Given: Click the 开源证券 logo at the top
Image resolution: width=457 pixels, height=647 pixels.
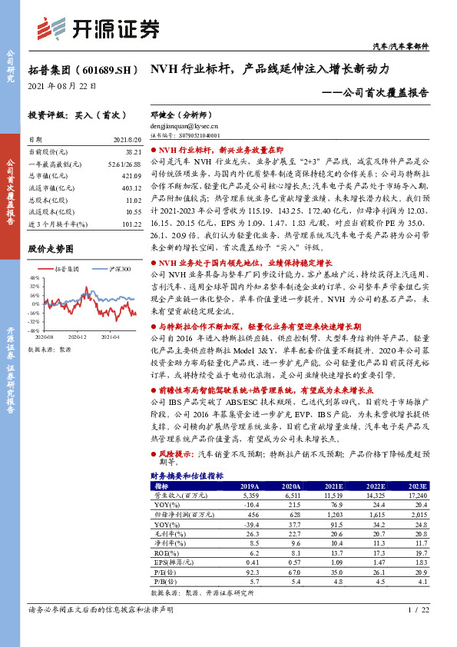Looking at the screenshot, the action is coord(100,28).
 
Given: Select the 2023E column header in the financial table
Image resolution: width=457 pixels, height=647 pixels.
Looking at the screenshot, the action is coord(417,486).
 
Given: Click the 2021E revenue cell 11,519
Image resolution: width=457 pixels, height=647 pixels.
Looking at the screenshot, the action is coord(333,496).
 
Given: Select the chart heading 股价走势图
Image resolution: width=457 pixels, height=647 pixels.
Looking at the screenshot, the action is coord(51,250).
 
